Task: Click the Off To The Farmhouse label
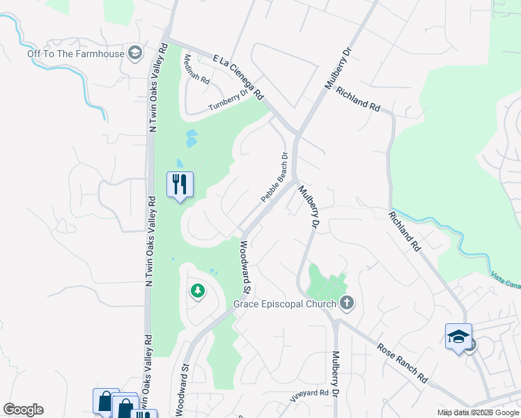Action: pos(76,54)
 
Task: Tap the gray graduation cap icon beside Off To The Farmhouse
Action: pos(135,54)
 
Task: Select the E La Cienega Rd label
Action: pos(238,77)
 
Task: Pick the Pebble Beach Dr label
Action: pos(274,178)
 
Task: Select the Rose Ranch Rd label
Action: pos(403,363)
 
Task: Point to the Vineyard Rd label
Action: pos(309,394)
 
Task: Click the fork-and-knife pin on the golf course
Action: pos(180,185)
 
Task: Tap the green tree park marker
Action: pos(198,290)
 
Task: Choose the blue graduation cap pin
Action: pos(458,337)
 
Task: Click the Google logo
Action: pos(23,410)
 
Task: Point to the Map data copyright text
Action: pos(479,412)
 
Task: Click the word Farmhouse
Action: pos(100,54)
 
